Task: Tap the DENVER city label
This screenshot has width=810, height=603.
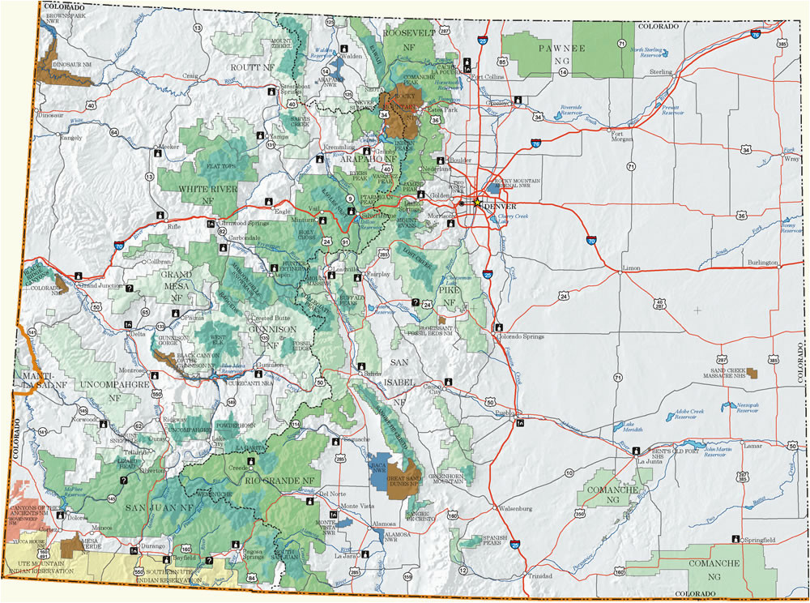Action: pos(499,206)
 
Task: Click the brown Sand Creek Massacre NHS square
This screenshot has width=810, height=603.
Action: pos(754,373)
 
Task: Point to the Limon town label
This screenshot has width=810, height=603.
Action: pos(631,267)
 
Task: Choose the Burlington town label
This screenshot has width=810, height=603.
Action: pos(761,263)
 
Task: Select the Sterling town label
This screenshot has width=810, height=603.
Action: pos(661,71)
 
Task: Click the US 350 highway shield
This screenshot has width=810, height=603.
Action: pos(577,514)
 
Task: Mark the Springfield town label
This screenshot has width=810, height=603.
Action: pos(759,539)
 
